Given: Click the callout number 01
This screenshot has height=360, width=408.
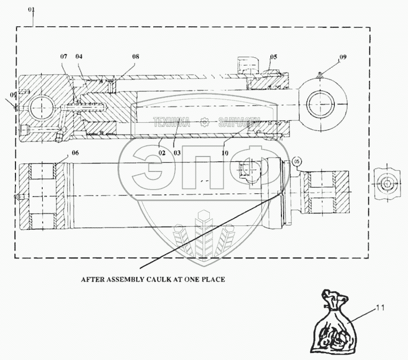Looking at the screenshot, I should pyautogui.click(x=32, y=10).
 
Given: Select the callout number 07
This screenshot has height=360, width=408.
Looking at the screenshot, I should pyautogui.click(x=64, y=56).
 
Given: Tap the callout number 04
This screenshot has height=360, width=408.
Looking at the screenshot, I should pyautogui.click(x=79, y=56).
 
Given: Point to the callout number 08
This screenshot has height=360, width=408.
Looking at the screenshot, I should pyautogui.click(x=135, y=56).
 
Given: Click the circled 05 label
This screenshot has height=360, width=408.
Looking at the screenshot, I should pyautogui.click(x=297, y=160).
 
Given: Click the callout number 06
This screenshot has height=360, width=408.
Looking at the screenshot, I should pyautogui.click(x=74, y=153).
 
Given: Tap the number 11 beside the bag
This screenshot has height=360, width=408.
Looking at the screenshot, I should pyautogui.click(x=380, y=308).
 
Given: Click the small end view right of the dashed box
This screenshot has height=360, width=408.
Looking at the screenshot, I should pyautogui.click(x=385, y=184).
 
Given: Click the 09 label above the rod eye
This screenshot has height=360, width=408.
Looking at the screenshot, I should pyautogui.click(x=342, y=57).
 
